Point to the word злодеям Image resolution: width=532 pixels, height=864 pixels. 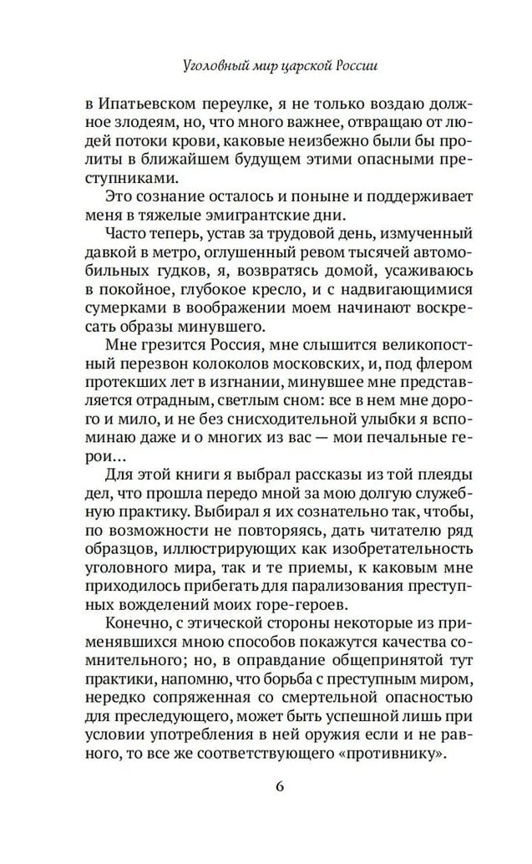(x=138, y=128)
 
